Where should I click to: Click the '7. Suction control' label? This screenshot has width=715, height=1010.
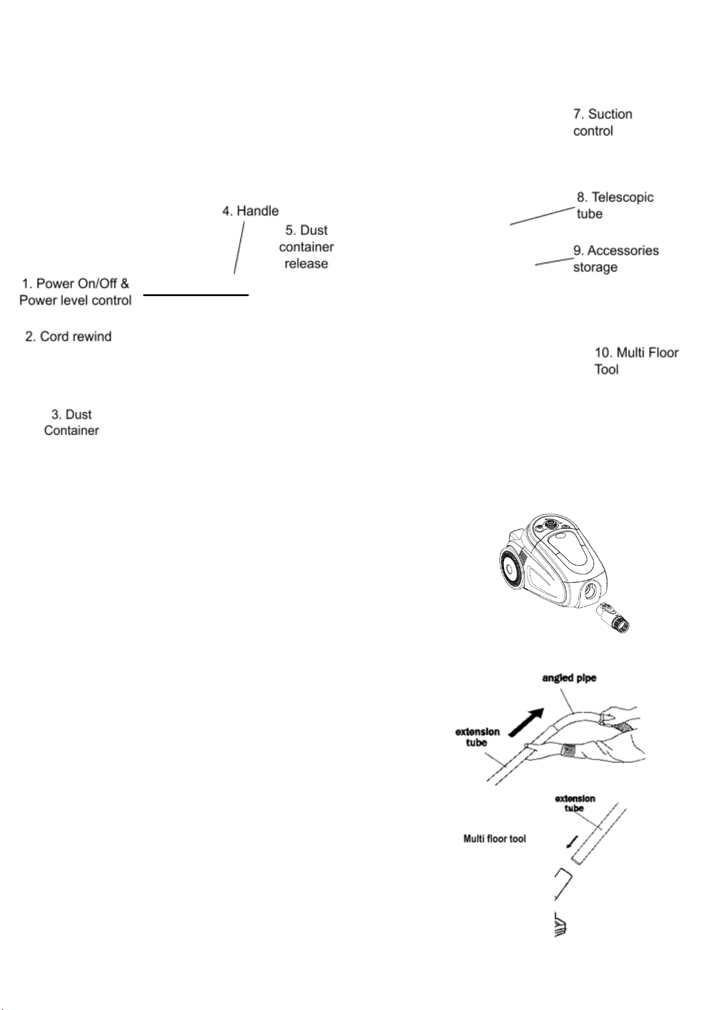602,122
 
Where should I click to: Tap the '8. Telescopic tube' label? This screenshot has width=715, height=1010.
614,205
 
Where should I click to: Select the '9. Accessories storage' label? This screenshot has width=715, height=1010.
616,258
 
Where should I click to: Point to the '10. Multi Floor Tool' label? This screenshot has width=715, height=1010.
636,360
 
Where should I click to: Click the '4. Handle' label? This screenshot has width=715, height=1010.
251,211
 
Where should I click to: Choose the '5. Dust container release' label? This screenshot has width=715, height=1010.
306,247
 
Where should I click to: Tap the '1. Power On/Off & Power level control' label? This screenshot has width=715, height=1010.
76,292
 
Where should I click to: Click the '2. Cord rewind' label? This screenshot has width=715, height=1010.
68,336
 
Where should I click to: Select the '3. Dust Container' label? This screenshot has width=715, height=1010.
71,422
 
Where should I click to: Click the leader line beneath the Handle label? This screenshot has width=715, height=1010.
239,247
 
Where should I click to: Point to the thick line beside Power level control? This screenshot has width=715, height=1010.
195,295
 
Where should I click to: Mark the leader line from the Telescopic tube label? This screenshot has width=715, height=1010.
542,216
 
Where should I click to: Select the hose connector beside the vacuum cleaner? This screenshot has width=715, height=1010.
614,619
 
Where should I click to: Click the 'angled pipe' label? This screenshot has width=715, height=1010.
569,678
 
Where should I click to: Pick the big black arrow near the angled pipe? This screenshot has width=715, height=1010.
527,720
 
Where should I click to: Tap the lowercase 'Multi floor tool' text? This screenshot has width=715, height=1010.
494,839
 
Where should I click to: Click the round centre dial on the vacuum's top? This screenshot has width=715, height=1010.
550,523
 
